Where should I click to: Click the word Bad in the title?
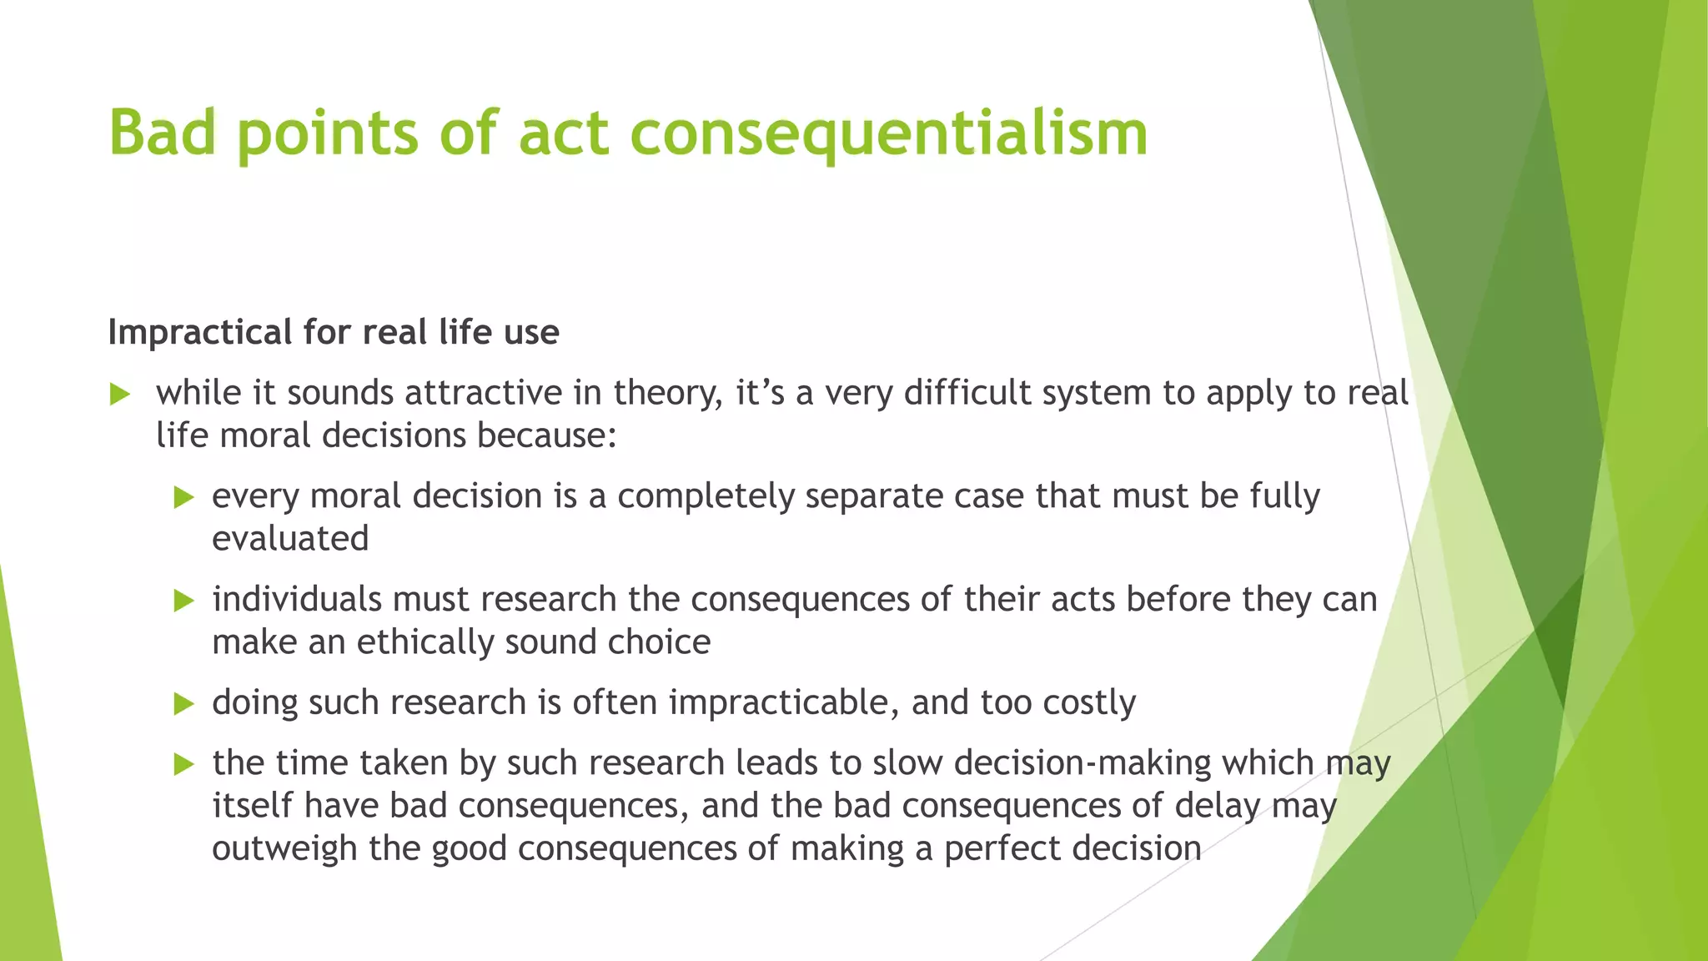point(163,133)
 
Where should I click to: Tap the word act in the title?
point(565,133)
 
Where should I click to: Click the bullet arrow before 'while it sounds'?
point(120,395)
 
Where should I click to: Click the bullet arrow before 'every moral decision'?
point(183,498)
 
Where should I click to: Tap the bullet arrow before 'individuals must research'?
point(183,601)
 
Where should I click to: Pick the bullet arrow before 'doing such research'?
point(183,704)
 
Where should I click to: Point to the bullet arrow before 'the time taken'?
point(183,764)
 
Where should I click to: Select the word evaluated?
point(290,539)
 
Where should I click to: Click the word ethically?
point(425,642)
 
